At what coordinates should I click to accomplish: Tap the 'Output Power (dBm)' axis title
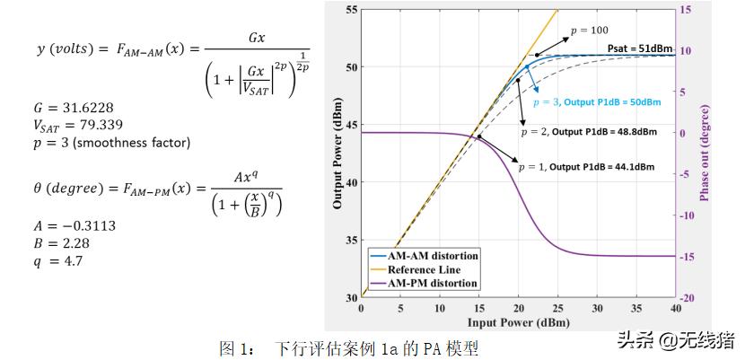[337, 154]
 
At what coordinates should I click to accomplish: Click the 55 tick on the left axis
[351, 10]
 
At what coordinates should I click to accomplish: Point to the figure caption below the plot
[349, 347]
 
